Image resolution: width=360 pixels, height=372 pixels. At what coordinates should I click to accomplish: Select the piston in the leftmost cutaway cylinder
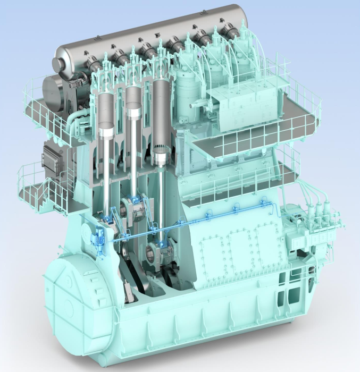click(x=106, y=131)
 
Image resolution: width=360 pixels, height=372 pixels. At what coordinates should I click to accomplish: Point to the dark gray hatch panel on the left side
click(x=54, y=156)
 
